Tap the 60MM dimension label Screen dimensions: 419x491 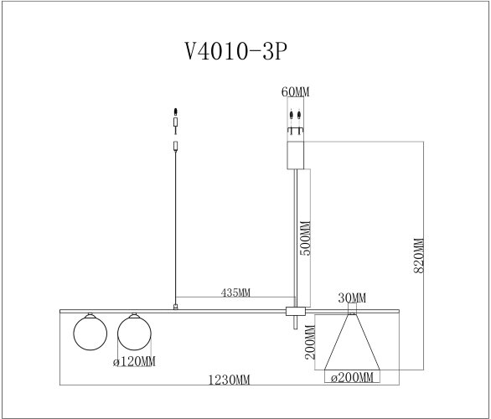294,92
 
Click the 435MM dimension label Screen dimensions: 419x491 237,294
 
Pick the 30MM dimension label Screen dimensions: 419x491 352,298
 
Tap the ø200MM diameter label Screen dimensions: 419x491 351,379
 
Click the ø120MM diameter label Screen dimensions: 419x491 134,362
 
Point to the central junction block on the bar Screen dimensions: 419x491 296,312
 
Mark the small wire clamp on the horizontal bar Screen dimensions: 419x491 175,308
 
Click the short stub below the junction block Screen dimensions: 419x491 295,325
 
